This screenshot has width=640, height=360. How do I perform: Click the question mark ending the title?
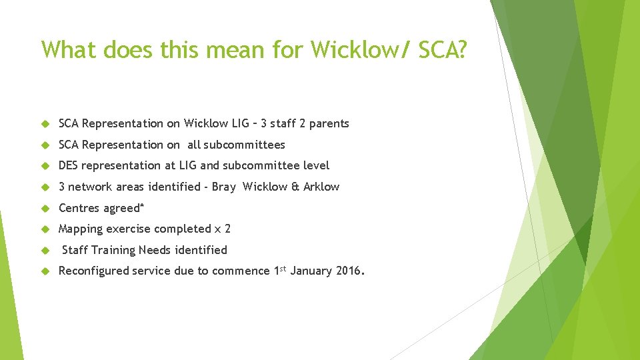click(461, 49)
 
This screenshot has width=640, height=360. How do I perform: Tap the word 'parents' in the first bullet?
click(329, 124)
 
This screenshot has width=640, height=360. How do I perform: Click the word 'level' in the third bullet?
click(316, 165)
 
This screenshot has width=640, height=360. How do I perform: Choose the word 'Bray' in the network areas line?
click(224, 187)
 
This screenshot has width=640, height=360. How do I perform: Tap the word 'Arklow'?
click(321, 187)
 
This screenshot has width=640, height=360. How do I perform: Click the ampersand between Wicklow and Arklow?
click(295, 187)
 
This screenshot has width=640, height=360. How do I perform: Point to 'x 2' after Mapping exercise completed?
click(223, 229)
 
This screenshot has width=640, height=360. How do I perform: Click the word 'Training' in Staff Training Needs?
click(113, 250)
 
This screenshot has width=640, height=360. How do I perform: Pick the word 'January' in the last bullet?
click(313, 271)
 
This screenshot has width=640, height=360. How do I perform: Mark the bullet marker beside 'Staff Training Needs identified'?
click(46, 251)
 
